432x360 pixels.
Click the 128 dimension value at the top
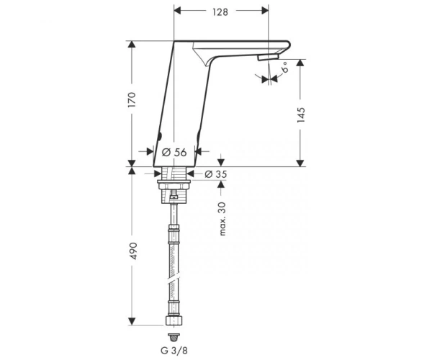[x=220, y=12]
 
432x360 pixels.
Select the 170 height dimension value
[x=132, y=100]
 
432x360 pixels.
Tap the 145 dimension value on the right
[x=301, y=115]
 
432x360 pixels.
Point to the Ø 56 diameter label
[x=174, y=152]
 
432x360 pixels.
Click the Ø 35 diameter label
[x=216, y=174]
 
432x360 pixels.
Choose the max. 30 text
[x=222, y=219]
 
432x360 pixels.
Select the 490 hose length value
[x=133, y=251]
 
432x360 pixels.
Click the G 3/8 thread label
[x=174, y=351]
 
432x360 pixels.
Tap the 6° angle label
[x=285, y=67]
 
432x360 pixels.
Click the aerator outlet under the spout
[x=269, y=57]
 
